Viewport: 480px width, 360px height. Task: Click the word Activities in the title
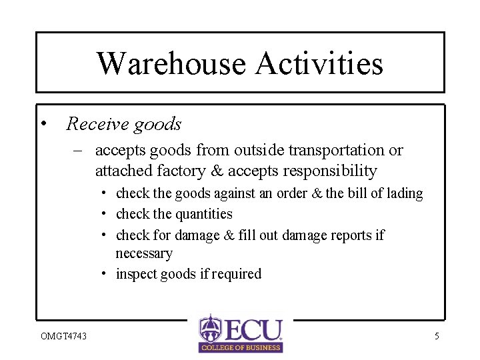click(319, 63)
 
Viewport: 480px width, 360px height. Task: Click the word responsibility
click(330, 171)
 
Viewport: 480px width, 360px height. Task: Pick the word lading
click(404, 193)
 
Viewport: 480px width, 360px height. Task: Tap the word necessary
click(144, 253)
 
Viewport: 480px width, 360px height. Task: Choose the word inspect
click(137, 274)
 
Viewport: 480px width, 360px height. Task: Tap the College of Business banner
click(241, 347)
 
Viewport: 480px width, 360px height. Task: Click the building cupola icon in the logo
click(210, 328)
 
